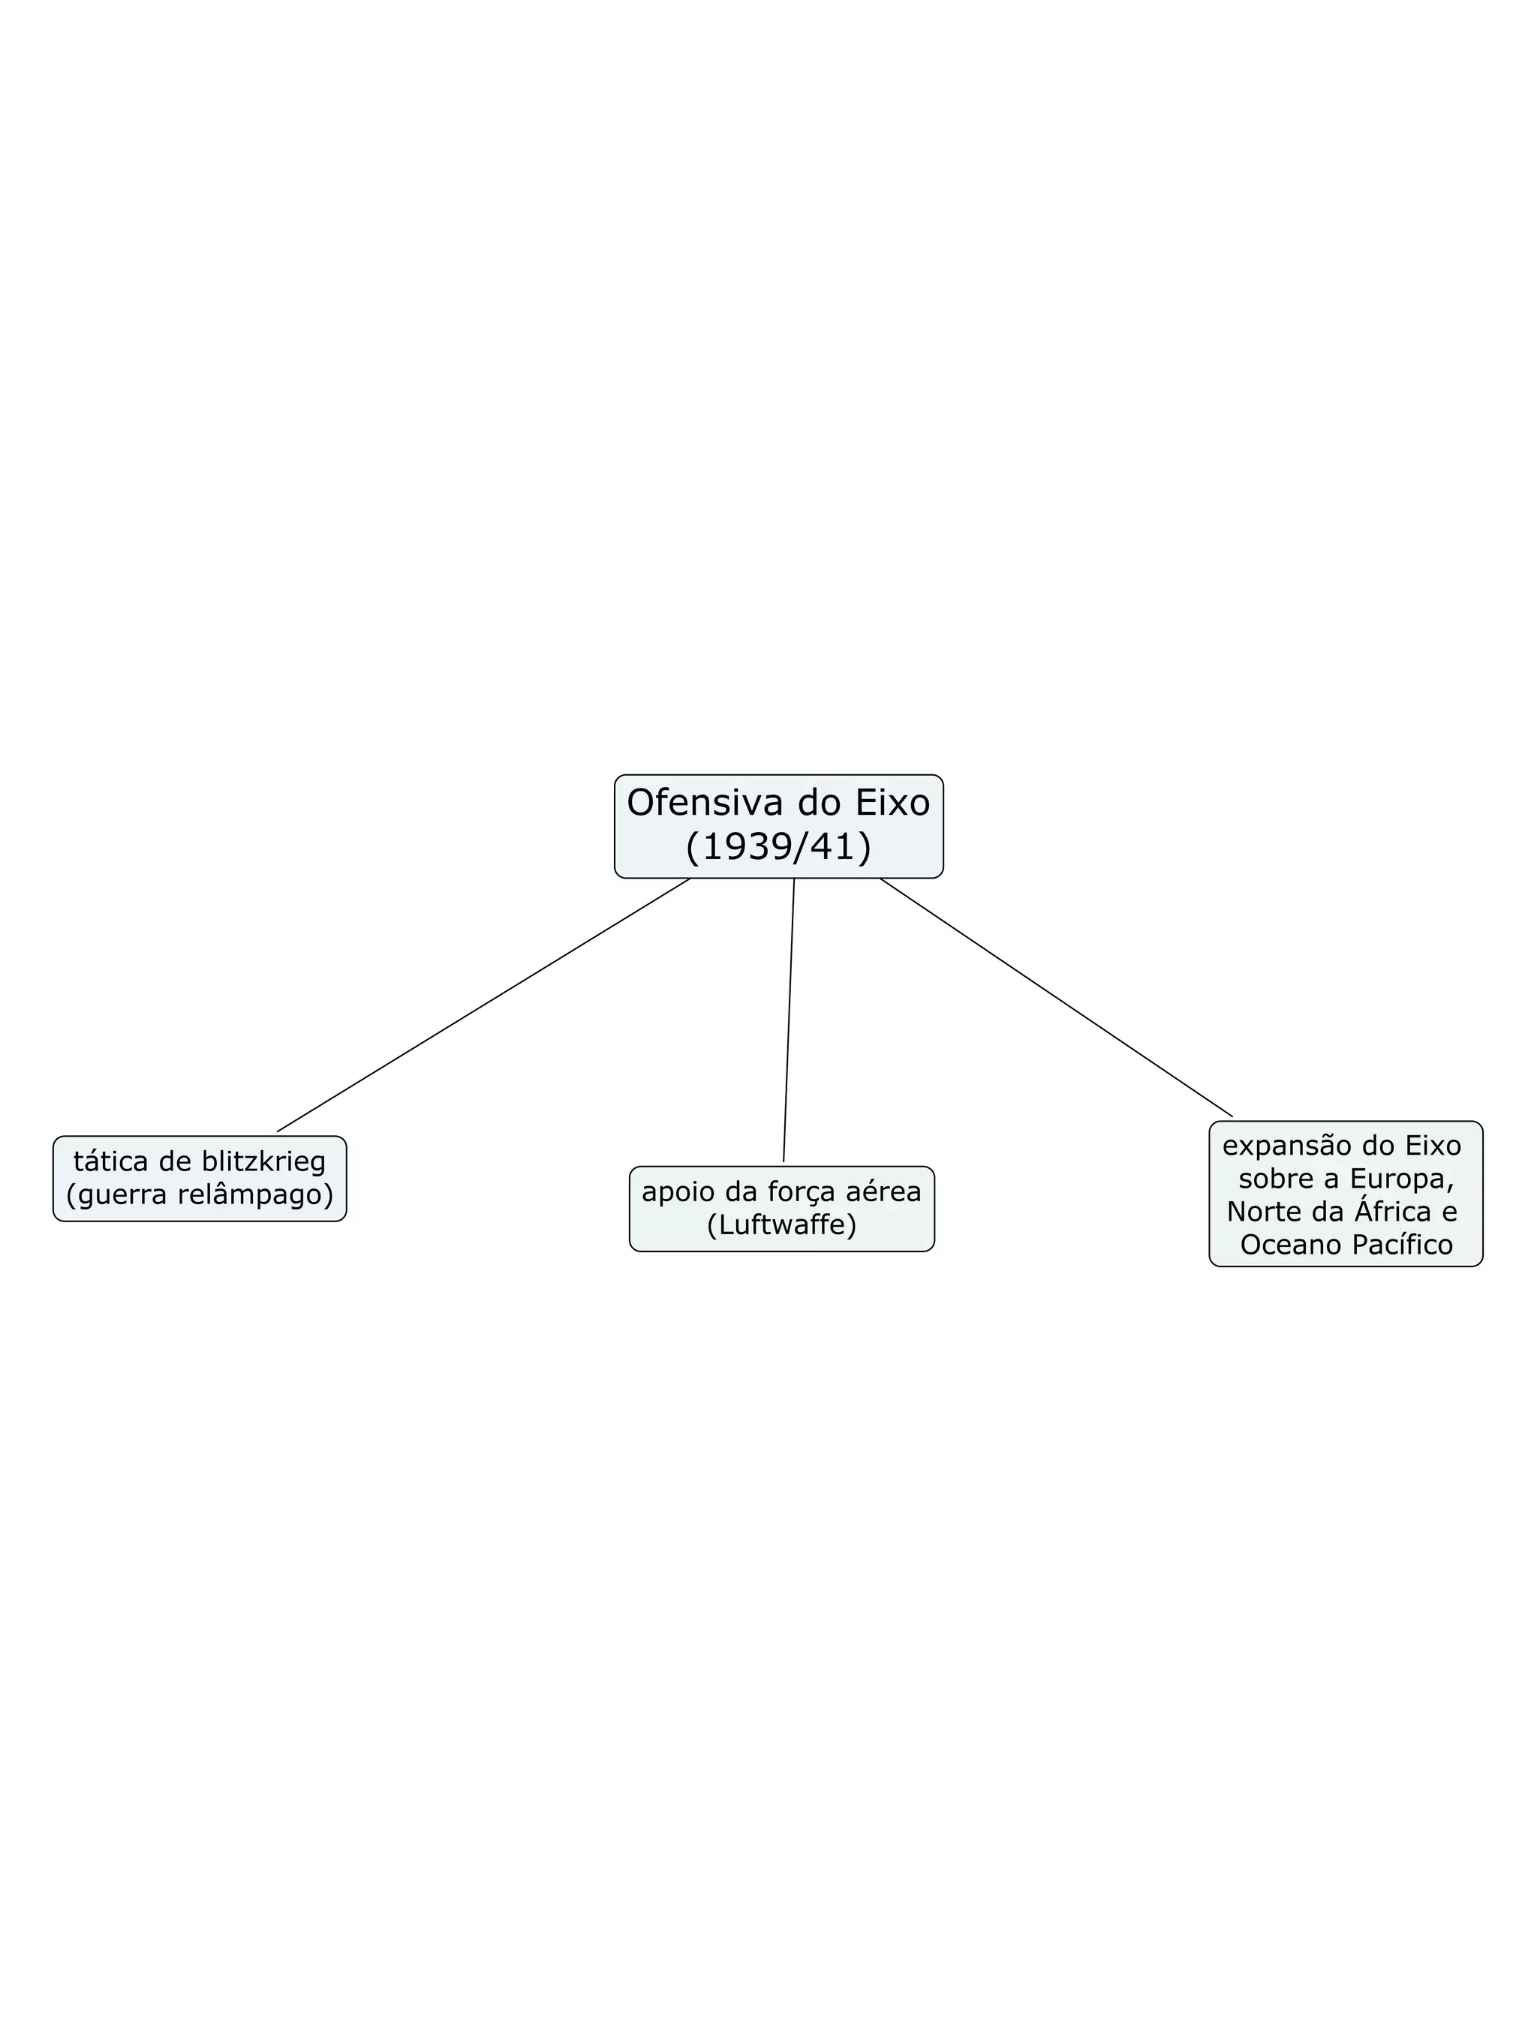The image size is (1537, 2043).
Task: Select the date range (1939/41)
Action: click(x=779, y=847)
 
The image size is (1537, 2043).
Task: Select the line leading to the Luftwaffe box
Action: click(x=789, y=1020)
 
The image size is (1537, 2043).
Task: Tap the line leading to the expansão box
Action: click(x=1056, y=997)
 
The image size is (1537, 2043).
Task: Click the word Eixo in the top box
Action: click(x=892, y=804)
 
